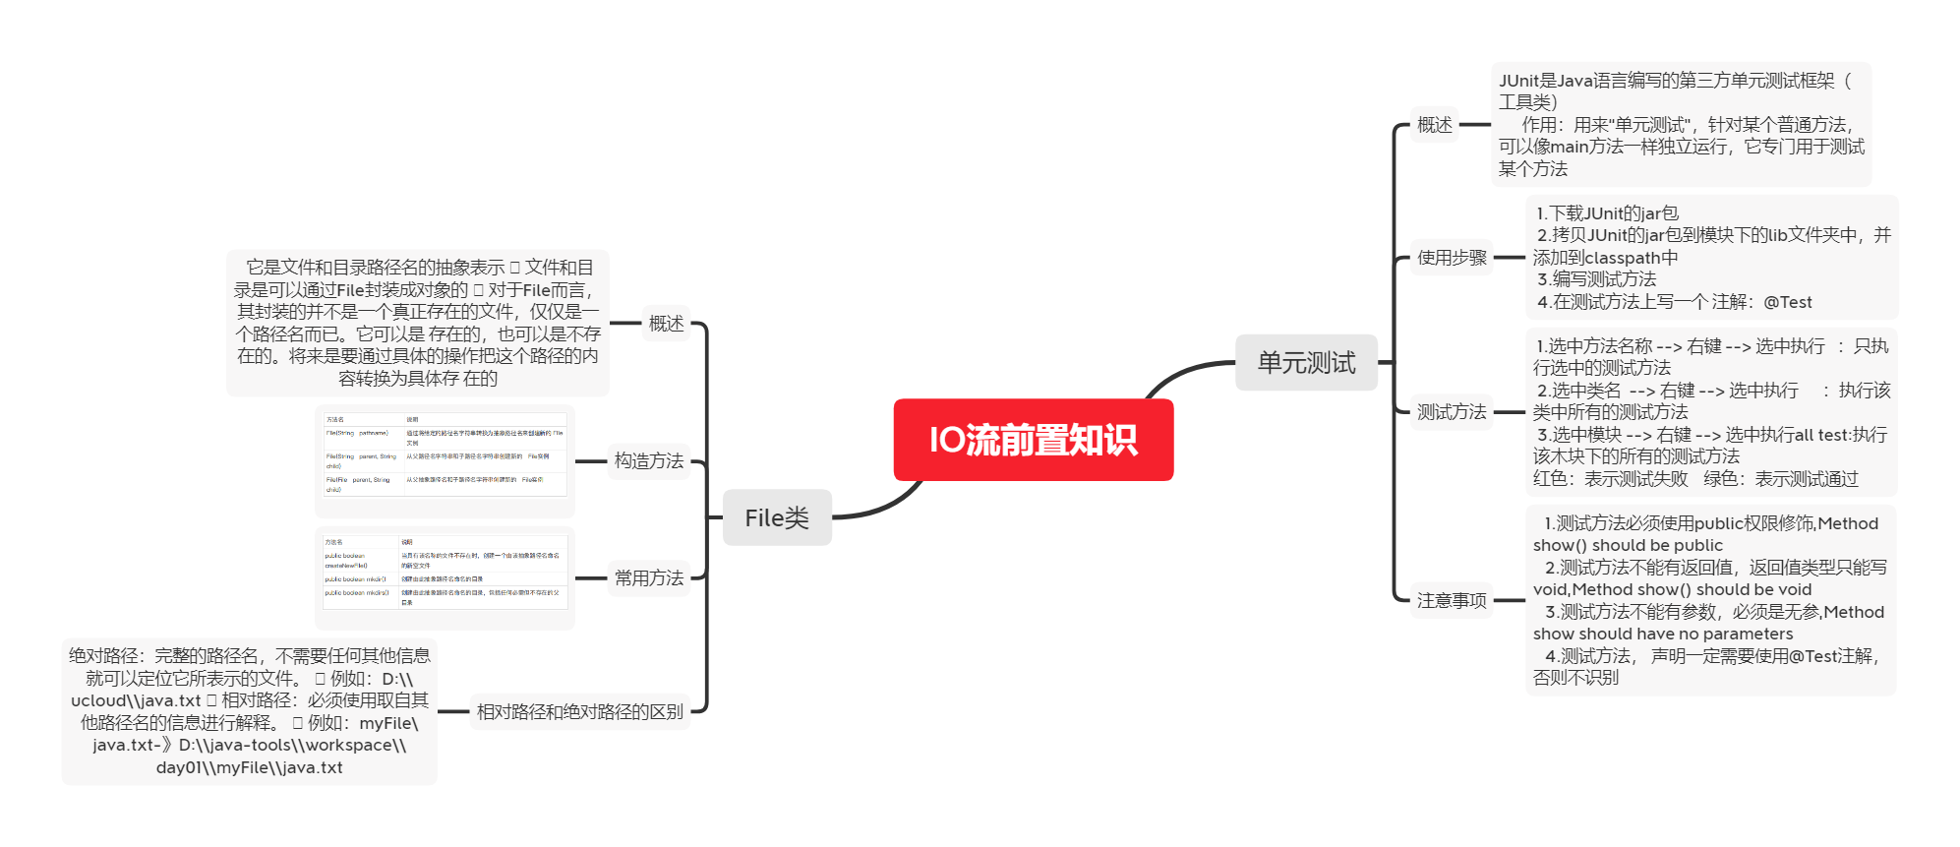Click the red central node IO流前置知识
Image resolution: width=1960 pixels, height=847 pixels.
click(1033, 440)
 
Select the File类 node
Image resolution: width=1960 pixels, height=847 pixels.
click(777, 517)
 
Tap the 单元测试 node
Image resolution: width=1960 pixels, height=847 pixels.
click(1306, 362)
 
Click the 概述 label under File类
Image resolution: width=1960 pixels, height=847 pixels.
click(666, 323)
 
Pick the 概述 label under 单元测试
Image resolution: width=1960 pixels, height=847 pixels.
click(1434, 125)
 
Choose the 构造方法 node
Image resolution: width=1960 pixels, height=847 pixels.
click(649, 460)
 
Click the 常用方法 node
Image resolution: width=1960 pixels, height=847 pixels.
click(649, 577)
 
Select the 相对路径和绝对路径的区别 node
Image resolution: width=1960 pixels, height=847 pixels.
click(579, 711)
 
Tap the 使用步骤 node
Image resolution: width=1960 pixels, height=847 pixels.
click(1452, 258)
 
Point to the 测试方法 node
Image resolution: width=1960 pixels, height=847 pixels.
click(1452, 412)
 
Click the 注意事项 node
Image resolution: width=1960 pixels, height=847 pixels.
click(1452, 600)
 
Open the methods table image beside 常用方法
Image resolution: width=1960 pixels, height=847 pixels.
click(445, 577)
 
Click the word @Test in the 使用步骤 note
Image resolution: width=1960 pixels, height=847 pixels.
click(1787, 302)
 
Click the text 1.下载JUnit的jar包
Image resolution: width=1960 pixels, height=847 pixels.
click(1607, 213)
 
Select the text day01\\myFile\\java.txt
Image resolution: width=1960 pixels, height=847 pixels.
click(250, 767)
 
